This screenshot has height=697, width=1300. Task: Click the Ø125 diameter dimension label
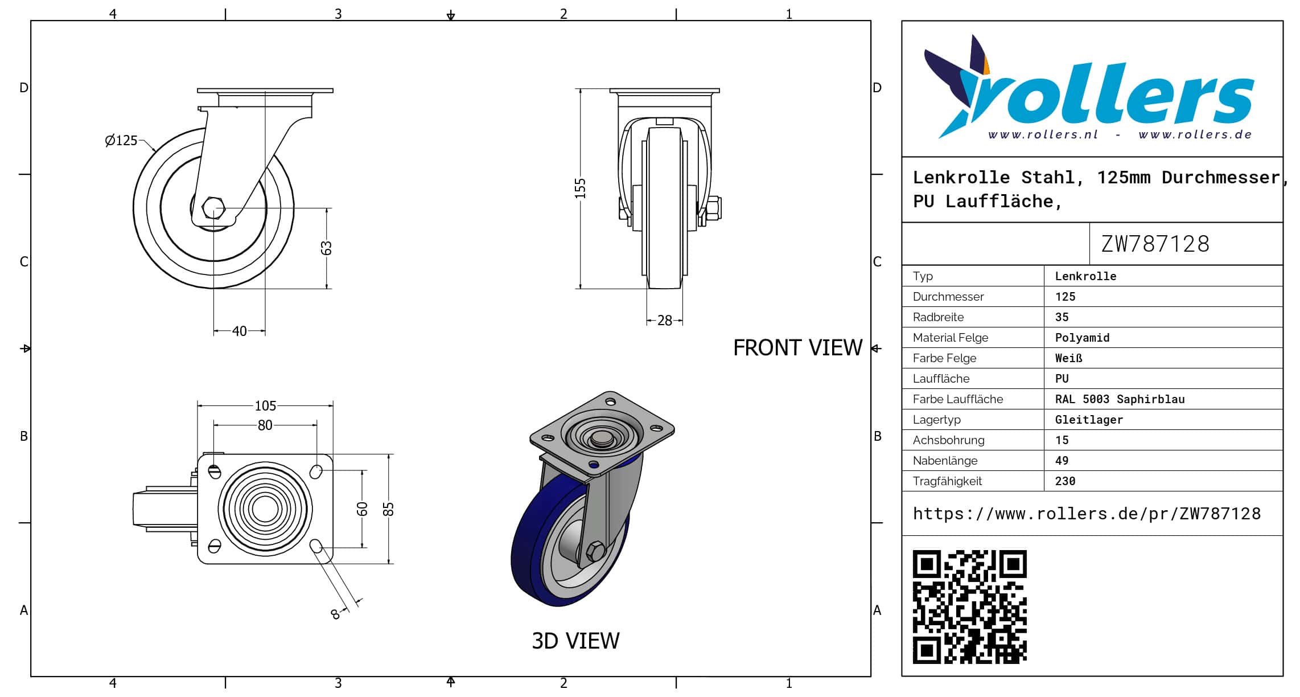[121, 140]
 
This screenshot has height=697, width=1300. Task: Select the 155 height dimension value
[580, 188]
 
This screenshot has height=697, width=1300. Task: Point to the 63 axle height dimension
[326, 248]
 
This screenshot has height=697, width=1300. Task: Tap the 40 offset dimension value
[240, 331]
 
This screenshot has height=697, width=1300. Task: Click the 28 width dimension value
[664, 321]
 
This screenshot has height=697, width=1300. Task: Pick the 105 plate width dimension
[265, 405]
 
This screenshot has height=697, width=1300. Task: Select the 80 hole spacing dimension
[265, 425]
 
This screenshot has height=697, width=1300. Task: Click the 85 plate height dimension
[389, 509]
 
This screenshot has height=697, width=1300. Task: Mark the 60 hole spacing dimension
[363, 509]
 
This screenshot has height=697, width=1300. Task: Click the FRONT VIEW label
[797, 347]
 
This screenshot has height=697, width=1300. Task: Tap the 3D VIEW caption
[575, 641]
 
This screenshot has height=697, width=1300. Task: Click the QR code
[969, 606]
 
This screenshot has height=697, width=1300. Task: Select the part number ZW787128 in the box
[1155, 244]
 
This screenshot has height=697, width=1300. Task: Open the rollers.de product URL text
[1087, 514]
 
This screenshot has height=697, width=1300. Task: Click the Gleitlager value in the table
[1089, 420]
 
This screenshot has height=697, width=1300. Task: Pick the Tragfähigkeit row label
[947, 481]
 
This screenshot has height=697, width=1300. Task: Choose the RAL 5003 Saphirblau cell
[1120, 399]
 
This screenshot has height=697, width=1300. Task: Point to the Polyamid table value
[1082, 338]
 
